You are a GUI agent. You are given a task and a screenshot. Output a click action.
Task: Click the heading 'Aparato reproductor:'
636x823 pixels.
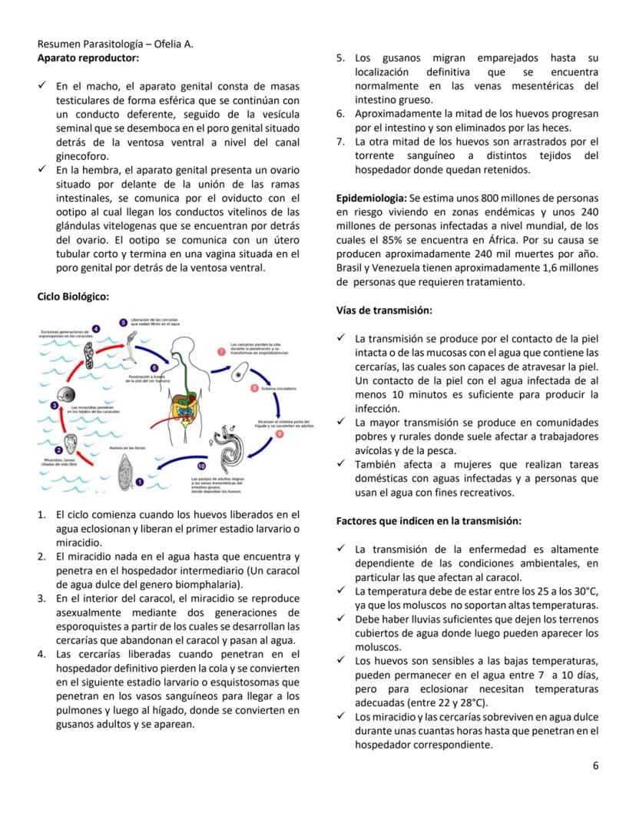[x=88, y=58]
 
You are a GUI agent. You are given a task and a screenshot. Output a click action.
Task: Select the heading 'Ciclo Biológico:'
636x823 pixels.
[x=73, y=296]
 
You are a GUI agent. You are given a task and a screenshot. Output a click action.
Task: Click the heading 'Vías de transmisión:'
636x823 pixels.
[x=384, y=310]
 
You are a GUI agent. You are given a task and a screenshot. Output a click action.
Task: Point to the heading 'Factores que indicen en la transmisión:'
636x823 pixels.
[x=429, y=521]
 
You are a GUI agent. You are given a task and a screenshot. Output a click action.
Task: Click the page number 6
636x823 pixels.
[x=595, y=765]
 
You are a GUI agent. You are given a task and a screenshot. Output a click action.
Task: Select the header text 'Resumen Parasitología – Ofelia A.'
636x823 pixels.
[x=115, y=44]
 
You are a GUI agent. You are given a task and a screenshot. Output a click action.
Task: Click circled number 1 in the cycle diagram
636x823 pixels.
[x=139, y=481]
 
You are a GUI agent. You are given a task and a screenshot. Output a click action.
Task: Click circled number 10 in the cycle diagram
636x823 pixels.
[x=202, y=466]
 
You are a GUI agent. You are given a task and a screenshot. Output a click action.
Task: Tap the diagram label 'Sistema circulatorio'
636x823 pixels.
[x=278, y=389]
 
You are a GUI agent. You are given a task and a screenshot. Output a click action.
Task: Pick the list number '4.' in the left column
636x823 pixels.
[x=43, y=654]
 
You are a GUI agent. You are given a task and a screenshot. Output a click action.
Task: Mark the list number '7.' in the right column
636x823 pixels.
[x=342, y=142]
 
